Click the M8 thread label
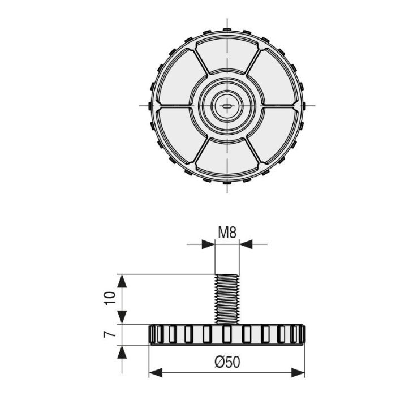227,232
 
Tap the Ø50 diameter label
227,363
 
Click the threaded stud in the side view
227,299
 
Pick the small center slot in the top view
227,105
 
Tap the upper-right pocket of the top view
272,79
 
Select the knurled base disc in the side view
227,334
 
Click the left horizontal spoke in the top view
175,105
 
